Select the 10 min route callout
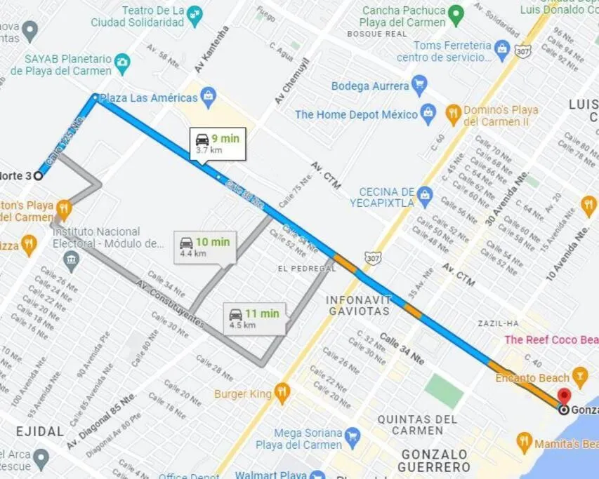pos(204,248)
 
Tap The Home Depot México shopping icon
pos(428,113)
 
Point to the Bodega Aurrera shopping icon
pos(419,86)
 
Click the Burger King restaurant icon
pos(282,393)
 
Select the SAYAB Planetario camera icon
pos(123,62)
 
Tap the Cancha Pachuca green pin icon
pos(456,13)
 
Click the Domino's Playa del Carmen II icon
pos(453,113)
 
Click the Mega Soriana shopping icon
pos(353,438)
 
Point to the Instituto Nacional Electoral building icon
pos(71,262)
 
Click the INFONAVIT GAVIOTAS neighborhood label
pos(357,306)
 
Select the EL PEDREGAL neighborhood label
pos(307,269)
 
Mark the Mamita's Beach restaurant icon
pos(524,443)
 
